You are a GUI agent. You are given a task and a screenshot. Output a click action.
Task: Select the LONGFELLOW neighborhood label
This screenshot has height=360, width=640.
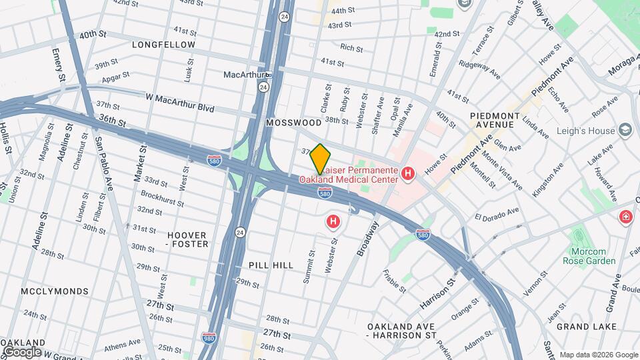click(163, 45)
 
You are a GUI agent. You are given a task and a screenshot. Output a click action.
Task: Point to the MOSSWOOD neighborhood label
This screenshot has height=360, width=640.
click(293, 123)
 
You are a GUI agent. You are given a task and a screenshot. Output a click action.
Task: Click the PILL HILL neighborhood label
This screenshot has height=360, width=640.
click(271, 265)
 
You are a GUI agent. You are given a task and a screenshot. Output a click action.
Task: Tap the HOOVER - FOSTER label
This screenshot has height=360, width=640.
click(187, 239)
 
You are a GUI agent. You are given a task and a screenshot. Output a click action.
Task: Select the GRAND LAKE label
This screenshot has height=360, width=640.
click(582, 327)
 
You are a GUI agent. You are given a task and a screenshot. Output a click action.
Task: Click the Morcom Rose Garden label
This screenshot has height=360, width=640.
click(593, 256)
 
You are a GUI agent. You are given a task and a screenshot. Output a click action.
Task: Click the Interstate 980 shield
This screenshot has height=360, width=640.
click(209, 338)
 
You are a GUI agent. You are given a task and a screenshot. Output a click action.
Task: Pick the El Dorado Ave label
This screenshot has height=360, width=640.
click(497, 215)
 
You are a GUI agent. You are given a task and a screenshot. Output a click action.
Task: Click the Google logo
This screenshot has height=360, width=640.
click(22, 351)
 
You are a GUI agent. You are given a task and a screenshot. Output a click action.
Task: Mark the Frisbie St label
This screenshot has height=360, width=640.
click(394, 281)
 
